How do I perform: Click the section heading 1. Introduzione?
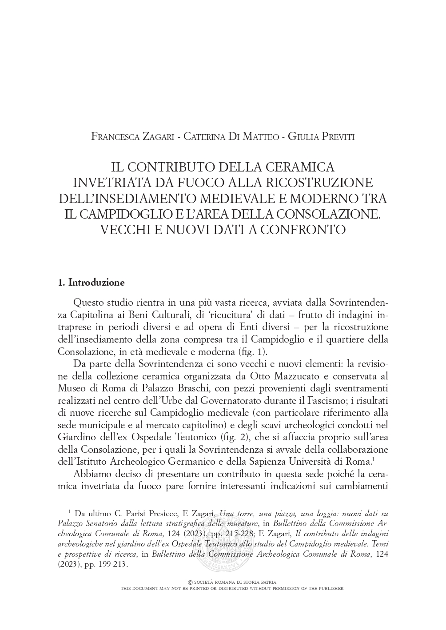[x=91, y=283]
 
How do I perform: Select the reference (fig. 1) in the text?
[x=253, y=351]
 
